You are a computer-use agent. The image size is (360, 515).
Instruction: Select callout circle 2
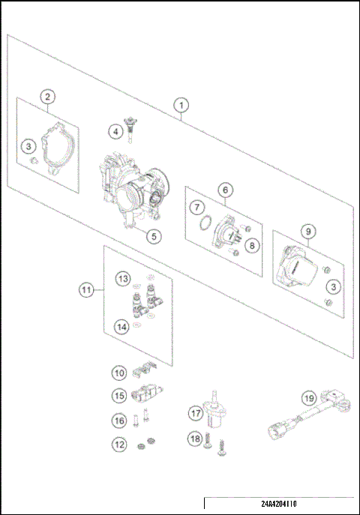click(x=47, y=97)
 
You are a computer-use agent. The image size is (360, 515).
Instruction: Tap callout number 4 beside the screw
click(x=115, y=132)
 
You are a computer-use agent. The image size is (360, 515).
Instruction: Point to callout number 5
click(x=152, y=236)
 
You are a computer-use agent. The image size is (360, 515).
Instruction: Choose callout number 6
click(x=224, y=190)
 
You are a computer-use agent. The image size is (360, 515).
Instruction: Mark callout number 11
click(x=88, y=288)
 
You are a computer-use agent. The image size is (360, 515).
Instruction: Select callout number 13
click(x=121, y=279)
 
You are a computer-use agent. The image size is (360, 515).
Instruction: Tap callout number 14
click(x=121, y=325)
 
